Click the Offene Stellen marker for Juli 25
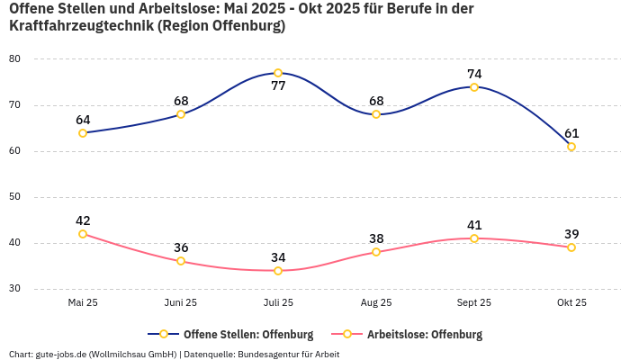(x=278, y=73)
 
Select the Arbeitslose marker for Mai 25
(x=83, y=234)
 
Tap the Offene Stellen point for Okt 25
(x=571, y=147)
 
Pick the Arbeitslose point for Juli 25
(x=278, y=271)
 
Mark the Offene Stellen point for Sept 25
(x=474, y=87)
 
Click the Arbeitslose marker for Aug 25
(x=376, y=252)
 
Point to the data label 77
(x=278, y=86)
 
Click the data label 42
(x=83, y=220)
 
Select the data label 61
(x=571, y=133)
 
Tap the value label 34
(x=278, y=257)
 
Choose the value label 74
(x=474, y=74)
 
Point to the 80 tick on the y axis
(x=14, y=58)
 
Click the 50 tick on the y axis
(x=14, y=197)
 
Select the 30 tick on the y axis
(x=14, y=289)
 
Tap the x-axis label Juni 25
(x=181, y=303)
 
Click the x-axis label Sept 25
(x=474, y=303)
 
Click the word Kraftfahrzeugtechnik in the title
(x=81, y=26)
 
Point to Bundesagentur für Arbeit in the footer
(x=289, y=354)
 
